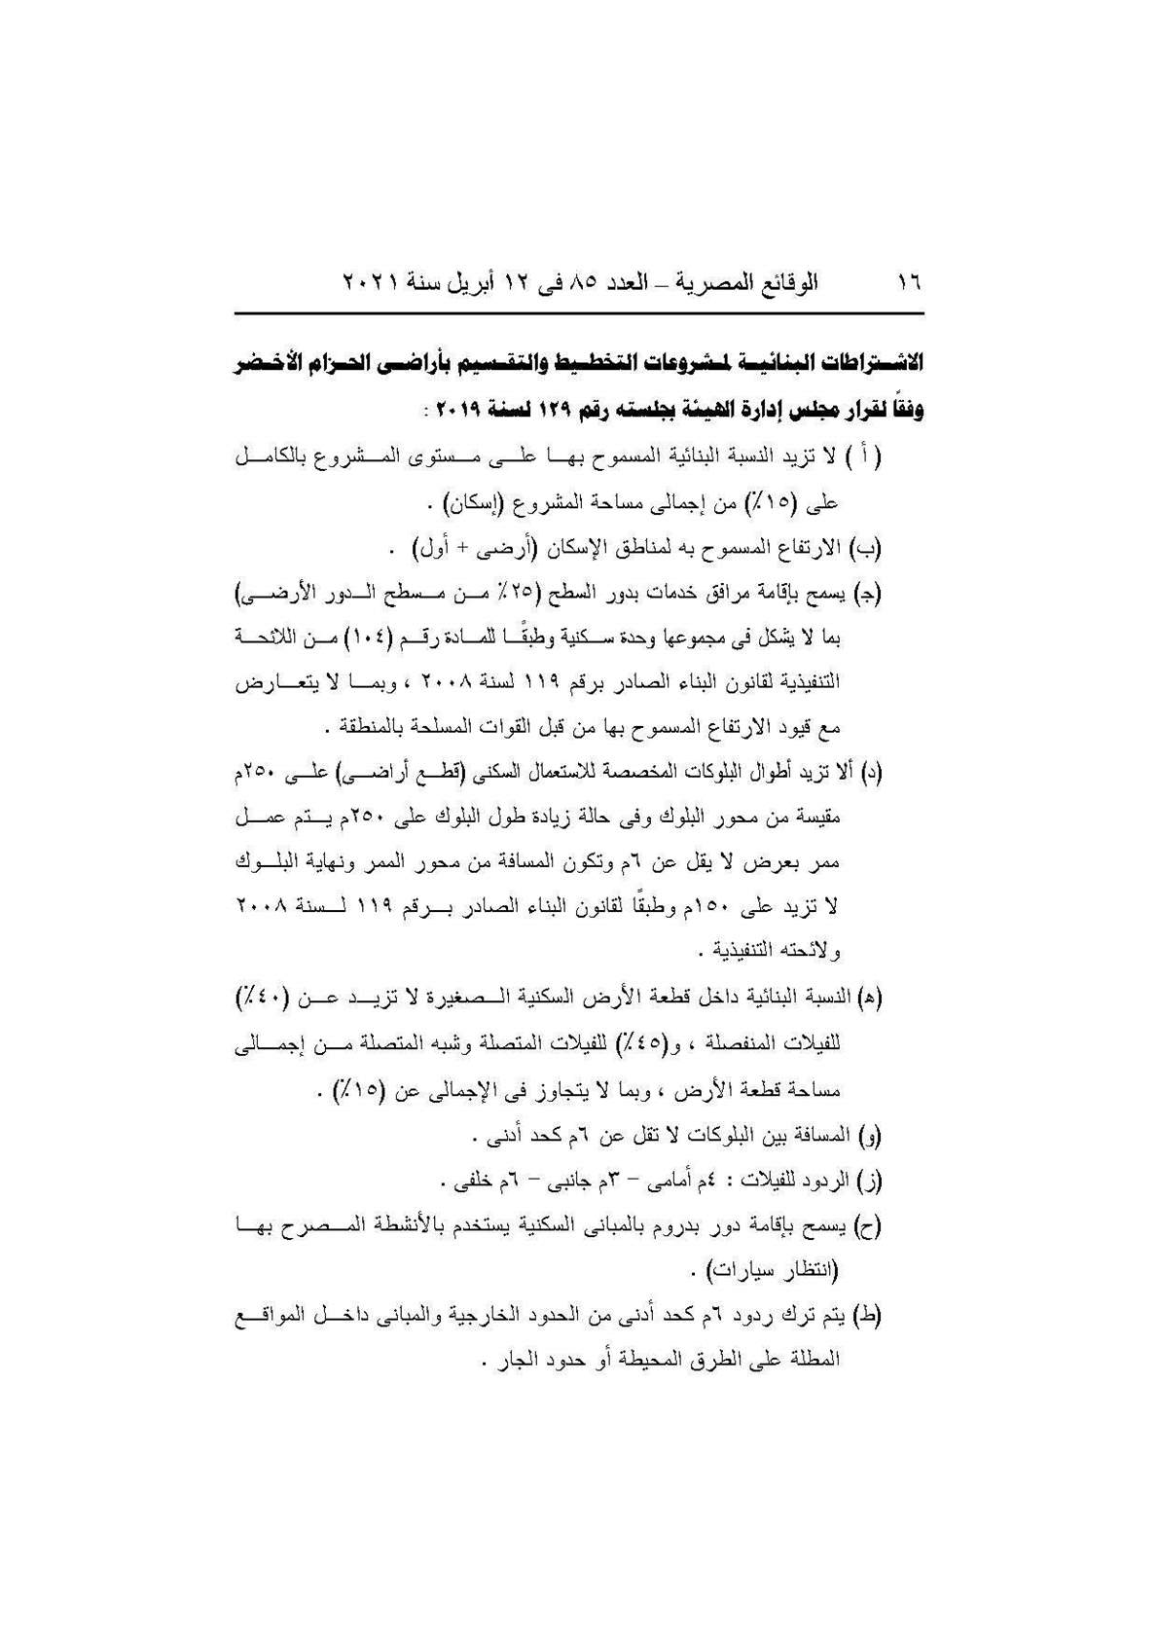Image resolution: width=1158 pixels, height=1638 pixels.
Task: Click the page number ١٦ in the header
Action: pos(909,283)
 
